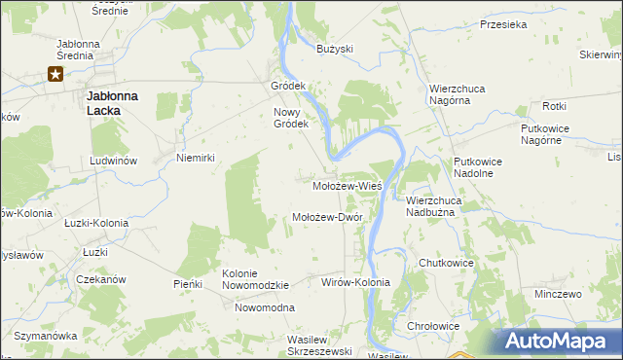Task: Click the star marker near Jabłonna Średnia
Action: [x=56, y=74]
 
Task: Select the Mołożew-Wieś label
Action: [x=347, y=185]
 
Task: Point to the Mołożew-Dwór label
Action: [x=327, y=217]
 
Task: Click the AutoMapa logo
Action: [x=563, y=342]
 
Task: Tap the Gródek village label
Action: [x=288, y=86]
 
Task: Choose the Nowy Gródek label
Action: [x=290, y=118]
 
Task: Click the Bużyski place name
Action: [x=335, y=49]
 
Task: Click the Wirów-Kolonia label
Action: [x=355, y=282]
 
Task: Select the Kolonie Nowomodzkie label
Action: [x=256, y=279]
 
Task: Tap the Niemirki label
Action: [x=195, y=158]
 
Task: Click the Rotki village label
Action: [x=555, y=106]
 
